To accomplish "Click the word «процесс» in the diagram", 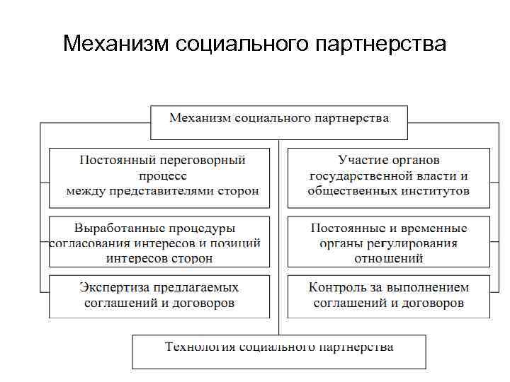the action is click(162, 176).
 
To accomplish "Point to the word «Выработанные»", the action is click(115, 228).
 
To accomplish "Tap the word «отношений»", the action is click(389, 258).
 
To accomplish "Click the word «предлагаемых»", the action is click(195, 287).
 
